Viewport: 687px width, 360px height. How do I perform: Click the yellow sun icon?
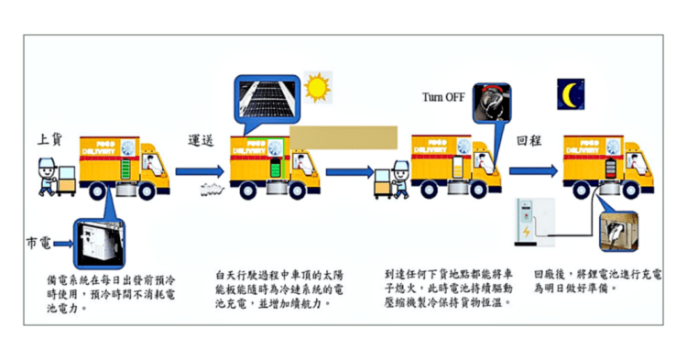click(316, 88)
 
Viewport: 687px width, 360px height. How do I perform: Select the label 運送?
click(202, 142)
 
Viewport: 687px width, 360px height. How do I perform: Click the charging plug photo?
click(616, 231)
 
